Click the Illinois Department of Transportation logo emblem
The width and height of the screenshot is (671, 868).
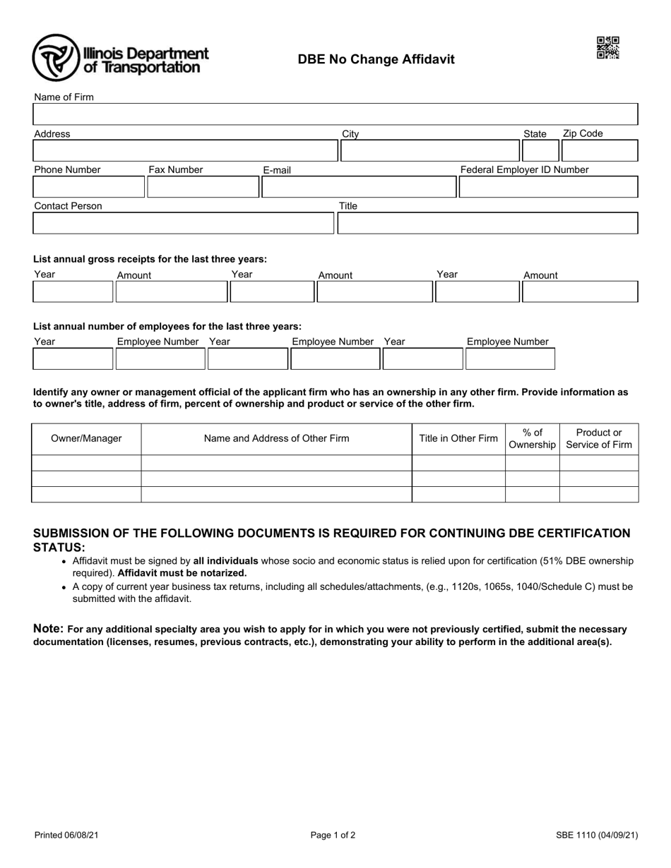(57, 58)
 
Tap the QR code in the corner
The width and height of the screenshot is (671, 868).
(607, 47)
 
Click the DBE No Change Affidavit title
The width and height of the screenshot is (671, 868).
(376, 59)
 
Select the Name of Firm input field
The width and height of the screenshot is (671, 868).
(335, 114)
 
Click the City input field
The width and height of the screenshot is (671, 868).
(429, 151)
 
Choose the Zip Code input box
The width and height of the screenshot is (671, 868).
(599, 151)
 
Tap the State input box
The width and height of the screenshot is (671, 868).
(540, 151)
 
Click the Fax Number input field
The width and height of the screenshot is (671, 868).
(203, 187)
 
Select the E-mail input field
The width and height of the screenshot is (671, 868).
(359, 187)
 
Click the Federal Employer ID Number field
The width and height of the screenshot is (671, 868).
(548, 187)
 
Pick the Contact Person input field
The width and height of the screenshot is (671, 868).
(183, 223)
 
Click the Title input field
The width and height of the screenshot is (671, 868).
(487, 223)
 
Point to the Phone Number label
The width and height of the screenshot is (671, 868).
(67, 170)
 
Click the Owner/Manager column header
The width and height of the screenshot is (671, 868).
(86, 438)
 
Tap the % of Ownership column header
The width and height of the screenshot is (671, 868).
(533, 438)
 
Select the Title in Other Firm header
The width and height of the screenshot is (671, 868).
(458, 438)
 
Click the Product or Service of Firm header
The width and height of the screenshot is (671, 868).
(599, 438)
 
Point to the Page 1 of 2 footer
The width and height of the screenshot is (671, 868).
(333, 836)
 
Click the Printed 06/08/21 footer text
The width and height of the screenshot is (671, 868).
(66, 836)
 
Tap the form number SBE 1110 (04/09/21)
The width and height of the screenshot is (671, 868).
(597, 836)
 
